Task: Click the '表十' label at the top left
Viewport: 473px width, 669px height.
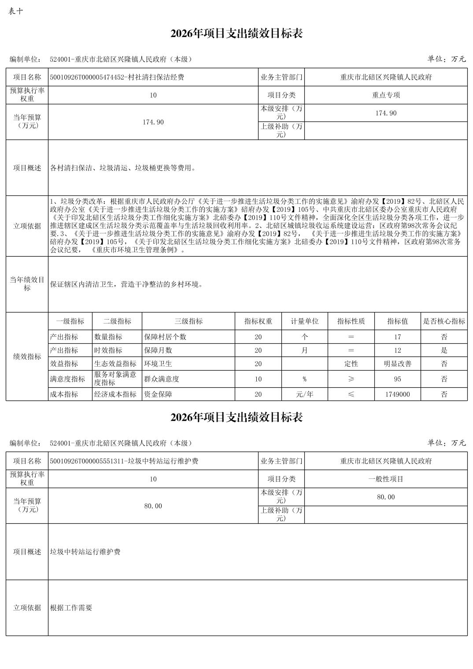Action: [15, 11]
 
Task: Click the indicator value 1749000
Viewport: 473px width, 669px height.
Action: [397, 394]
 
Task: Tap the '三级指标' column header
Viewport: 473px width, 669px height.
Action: [188, 321]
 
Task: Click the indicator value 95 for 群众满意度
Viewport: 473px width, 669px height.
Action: [397, 379]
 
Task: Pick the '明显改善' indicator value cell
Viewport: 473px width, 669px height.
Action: [397, 364]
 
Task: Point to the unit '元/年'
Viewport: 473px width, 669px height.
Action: [304, 394]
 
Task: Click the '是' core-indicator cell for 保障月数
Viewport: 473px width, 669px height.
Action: [444, 350]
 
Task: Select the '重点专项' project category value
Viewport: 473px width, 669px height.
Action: [386, 95]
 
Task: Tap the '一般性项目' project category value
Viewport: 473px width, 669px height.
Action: [386, 479]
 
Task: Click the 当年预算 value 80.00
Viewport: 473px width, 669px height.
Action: [153, 506]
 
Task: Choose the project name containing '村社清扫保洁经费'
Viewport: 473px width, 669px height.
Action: [117, 77]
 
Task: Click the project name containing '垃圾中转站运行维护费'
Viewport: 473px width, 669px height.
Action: [124, 461]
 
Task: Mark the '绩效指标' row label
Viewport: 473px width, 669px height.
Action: [27, 357]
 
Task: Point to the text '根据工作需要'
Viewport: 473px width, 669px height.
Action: [71, 608]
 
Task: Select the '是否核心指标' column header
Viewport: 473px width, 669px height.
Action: [444, 321]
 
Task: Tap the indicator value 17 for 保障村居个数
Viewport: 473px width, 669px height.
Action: [397, 337]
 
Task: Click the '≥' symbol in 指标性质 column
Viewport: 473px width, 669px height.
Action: [351, 379]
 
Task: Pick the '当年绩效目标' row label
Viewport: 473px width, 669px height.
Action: [27, 284]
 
